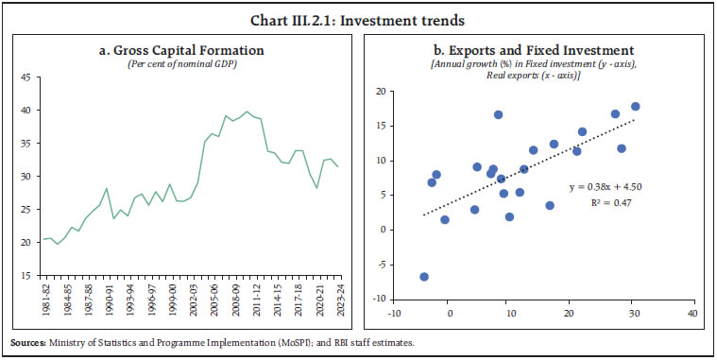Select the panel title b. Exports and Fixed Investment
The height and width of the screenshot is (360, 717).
(x=535, y=49)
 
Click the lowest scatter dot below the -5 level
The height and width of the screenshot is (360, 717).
(x=424, y=277)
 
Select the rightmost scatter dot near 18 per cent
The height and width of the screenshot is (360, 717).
(x=635, y=107)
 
